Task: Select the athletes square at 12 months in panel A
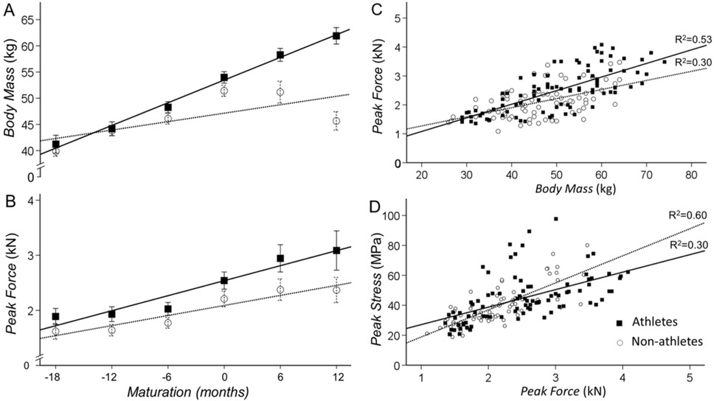(336, 35)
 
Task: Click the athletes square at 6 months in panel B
(280, 258)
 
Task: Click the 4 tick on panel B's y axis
(27, 200)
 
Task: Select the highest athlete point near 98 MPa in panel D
(555, 219)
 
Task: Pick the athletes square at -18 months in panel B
(56, 316)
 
